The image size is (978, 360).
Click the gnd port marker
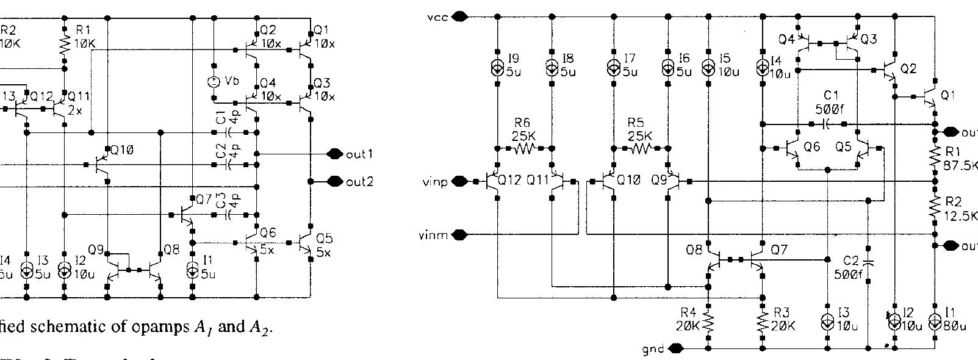coord(675,348)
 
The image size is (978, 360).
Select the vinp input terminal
coord(461,181)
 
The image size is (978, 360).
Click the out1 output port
coord(334,154)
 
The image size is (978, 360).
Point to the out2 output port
coord(334,181)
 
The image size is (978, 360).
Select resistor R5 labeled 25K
coord(642,148)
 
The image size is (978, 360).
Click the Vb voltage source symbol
coord(214,81)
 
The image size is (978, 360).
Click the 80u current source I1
coord(934,322)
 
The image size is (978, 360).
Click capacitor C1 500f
coord(826,124)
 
